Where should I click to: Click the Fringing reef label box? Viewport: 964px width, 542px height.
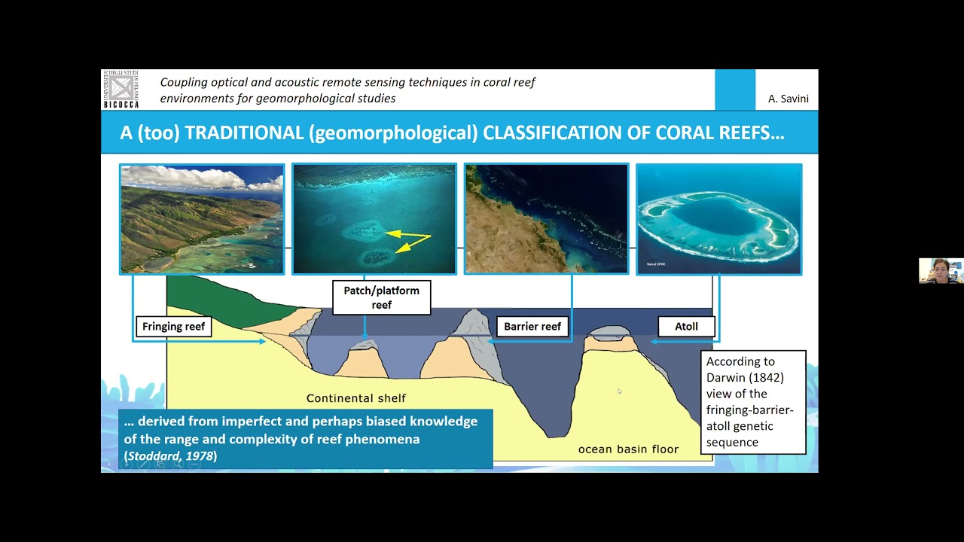pos(173,327)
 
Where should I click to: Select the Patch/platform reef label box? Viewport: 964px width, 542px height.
pos(382,297)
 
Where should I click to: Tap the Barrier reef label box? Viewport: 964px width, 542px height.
pos(532,327)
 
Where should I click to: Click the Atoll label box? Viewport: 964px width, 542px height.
pos(686,327)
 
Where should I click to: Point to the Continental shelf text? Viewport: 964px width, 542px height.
pos(355,398)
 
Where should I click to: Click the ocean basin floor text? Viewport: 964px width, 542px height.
pos(628,449)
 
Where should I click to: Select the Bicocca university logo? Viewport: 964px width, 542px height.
pos(120,89)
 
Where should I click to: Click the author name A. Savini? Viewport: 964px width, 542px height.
pos(787,99)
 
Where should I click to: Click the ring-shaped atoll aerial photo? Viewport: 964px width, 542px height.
pos(718,219)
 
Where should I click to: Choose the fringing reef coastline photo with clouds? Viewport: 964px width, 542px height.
pos(202,219)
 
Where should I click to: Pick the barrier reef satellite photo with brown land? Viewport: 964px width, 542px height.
pos(546,219)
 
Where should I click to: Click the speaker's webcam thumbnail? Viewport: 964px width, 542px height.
pos(941,270)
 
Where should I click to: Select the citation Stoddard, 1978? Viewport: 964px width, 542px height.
pos(172,456)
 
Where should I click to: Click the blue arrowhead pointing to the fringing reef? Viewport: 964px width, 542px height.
pos(262,342)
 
